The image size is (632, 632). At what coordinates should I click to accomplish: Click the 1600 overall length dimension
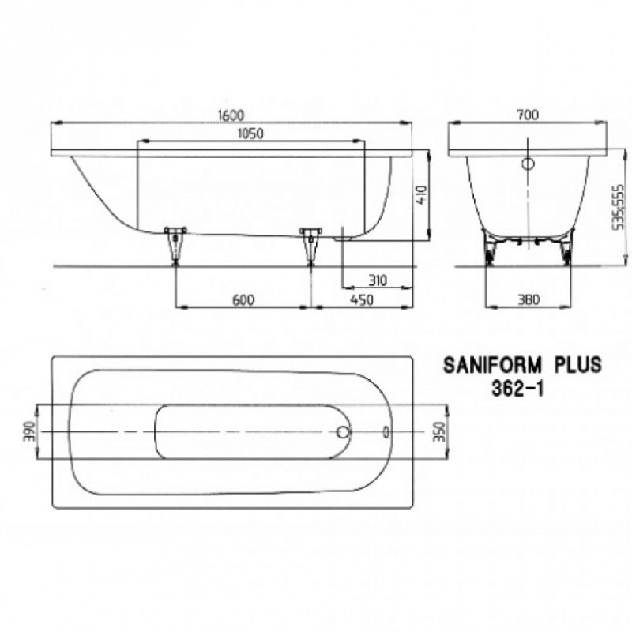[x=231, y=115]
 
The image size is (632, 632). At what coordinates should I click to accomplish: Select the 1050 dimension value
[x=250, y=134]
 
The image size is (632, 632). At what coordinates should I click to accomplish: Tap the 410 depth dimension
[x=421, y=195]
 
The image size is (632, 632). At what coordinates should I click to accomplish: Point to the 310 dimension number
[x=378, y=280]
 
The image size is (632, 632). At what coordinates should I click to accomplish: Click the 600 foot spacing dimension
[x=243, y=300]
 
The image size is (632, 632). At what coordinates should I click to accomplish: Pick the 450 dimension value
[x=362, y=300]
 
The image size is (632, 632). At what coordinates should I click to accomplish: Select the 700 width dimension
[x=528, y=115]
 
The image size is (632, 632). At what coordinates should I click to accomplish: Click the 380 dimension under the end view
[x=528, y=299]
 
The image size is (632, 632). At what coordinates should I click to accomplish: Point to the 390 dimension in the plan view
[x=29, y=431]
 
